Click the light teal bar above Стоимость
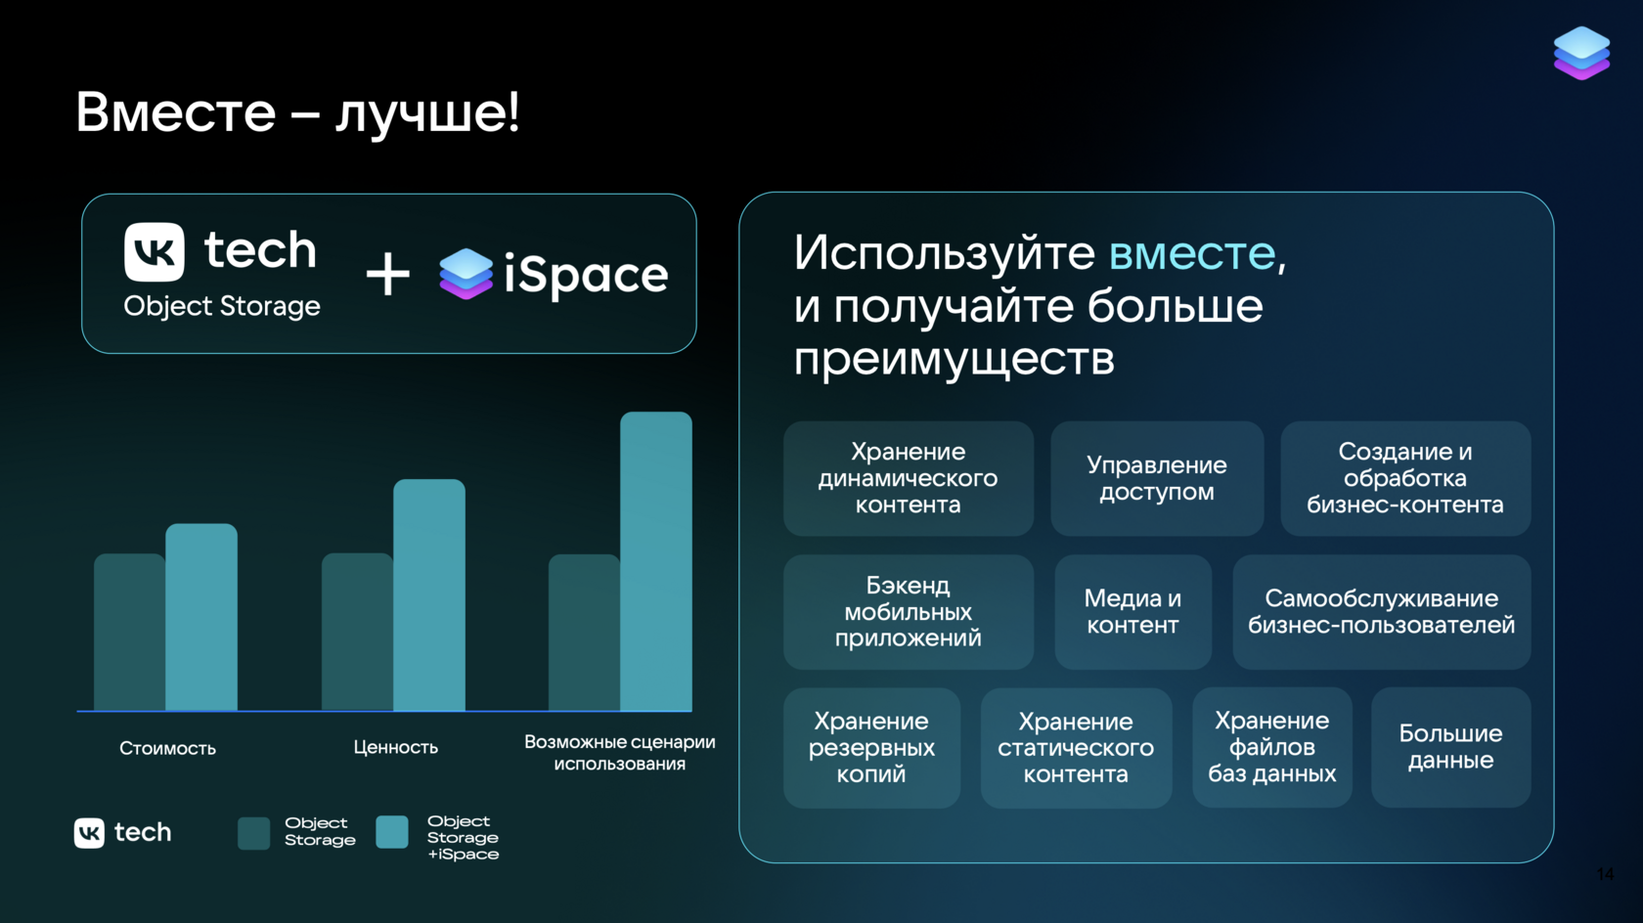201,617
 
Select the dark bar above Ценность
357,632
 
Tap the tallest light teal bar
655,561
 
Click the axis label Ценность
395,747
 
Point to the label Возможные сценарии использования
620,753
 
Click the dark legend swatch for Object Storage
254,834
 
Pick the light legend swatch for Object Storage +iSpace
391,832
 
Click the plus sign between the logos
387,274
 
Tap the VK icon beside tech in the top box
155,252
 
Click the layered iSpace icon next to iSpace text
466,274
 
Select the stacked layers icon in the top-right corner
1581,53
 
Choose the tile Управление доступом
1157,478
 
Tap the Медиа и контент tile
1132,611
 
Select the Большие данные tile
1451,747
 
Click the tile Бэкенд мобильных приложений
908,611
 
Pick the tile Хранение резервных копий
871,748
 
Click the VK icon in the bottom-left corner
89,833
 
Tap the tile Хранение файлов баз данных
1271,747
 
